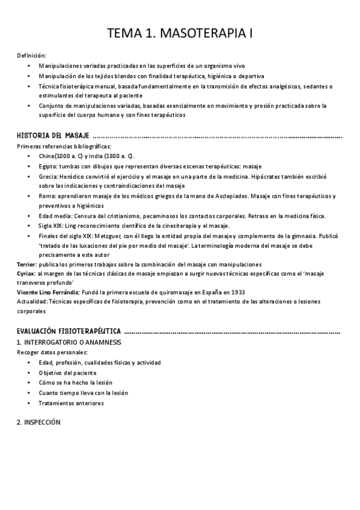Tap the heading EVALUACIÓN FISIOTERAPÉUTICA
click(x=69, y=331)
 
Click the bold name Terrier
click(x=26, y=264)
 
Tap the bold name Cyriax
click(x=26, y=274)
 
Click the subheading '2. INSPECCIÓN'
click(x=39, y=423)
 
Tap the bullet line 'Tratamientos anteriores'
click(x=71, y=403)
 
